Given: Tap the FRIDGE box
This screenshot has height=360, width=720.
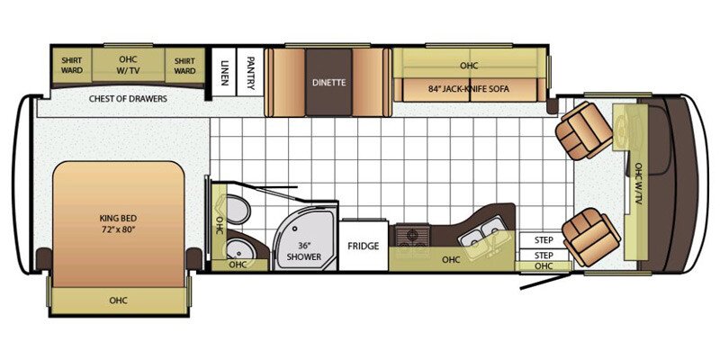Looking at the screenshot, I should (364, 246).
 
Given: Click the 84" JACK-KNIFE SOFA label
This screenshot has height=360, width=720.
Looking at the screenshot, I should (468, 89).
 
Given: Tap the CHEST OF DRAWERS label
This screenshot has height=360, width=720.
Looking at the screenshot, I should (127, 99).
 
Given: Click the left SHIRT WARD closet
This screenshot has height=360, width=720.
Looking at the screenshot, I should (72, 65).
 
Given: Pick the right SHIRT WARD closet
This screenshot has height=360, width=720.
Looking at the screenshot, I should (184, 65).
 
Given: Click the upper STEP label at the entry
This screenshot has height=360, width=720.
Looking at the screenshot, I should (544, 241).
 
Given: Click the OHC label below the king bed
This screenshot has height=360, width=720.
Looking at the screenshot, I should (118, 300).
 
